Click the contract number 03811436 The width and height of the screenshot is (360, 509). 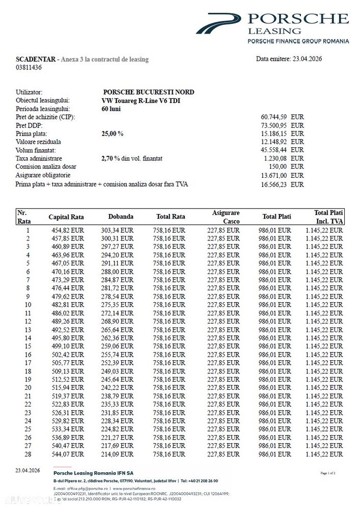pos(29,67)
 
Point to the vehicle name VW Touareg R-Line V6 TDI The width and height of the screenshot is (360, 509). pos(141,100)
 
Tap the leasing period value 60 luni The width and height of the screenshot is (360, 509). pos(112,109)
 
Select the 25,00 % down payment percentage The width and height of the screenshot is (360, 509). pos(113,133)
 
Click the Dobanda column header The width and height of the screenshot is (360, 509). pos(121,217)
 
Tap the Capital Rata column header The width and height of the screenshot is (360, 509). pos(66,217)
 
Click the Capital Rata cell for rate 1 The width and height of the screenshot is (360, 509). pos(68,230)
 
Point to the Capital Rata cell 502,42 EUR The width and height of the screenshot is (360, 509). pos(68,355)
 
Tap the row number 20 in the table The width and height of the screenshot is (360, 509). pos(28,388)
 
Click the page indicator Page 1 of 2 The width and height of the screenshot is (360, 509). pos(328,473)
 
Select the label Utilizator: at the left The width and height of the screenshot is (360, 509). pos(33,92)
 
